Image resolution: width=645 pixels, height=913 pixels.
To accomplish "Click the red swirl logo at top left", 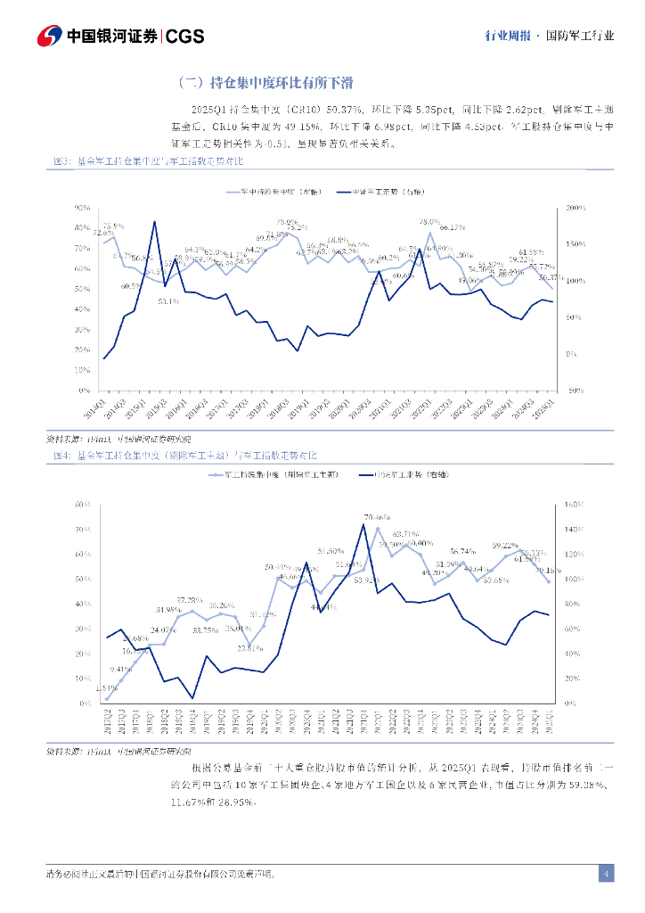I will point(49,36).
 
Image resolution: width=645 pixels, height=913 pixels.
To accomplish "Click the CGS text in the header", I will point(185,36).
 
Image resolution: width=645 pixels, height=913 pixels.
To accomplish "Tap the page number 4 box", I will point(606,873).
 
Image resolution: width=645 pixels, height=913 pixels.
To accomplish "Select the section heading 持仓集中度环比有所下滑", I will point(266,83).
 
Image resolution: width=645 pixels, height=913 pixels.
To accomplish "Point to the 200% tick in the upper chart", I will point(576,208).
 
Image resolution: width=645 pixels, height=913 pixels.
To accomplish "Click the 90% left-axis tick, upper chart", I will point(83,208).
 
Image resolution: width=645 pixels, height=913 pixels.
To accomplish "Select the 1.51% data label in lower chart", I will point(106,687).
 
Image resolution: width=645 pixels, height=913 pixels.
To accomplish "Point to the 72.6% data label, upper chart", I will point(103,233).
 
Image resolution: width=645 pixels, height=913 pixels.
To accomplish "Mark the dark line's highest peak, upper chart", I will point(154,221).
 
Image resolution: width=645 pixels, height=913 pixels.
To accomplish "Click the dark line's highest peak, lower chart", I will point(363,524).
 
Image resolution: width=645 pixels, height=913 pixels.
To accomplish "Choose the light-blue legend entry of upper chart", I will point(273,192).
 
